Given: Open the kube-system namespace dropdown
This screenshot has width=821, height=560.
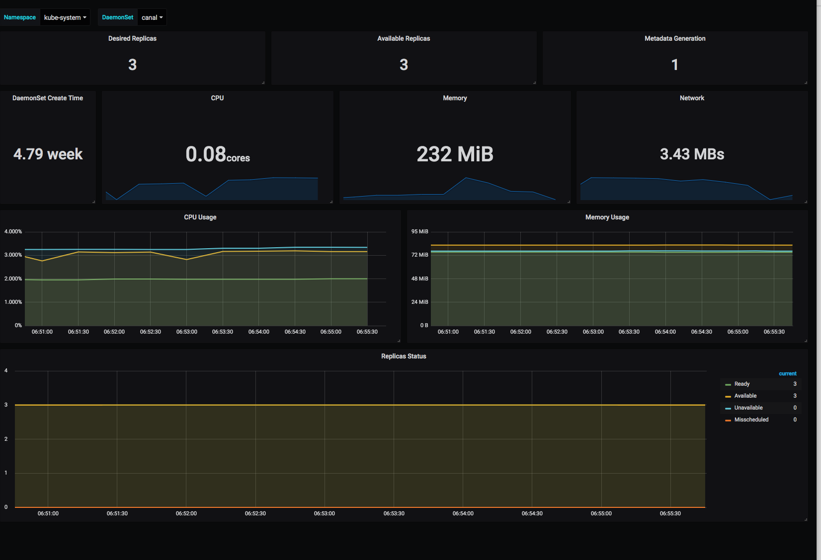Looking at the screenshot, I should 65,17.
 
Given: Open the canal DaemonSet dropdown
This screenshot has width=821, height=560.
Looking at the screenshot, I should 152,17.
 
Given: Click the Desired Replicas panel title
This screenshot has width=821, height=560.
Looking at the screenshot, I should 132,39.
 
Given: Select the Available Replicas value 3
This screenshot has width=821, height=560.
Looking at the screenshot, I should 404,65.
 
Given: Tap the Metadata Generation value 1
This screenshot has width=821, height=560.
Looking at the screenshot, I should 674,65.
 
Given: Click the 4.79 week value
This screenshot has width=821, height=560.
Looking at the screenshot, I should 48,154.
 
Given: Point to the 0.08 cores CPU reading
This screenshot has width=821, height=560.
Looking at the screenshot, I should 217,154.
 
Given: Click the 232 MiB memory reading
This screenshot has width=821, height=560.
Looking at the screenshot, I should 455,154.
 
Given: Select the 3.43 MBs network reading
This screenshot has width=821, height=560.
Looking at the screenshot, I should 692,154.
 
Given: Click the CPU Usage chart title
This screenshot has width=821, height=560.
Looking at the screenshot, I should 200,217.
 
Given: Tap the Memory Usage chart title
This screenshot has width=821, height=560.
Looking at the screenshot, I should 607,217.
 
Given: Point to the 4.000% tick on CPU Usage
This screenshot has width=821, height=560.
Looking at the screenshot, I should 13,232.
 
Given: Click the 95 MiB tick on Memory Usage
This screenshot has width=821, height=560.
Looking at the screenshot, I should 419,232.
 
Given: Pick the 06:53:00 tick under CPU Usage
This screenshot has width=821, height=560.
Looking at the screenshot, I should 187,332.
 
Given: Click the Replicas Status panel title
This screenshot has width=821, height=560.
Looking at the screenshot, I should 404,356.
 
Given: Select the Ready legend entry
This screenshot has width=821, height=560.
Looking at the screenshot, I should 741,384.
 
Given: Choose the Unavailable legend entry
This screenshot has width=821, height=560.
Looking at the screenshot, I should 748,408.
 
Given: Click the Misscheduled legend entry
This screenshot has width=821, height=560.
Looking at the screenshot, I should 751,420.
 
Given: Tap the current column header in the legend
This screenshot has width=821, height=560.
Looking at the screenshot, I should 787,374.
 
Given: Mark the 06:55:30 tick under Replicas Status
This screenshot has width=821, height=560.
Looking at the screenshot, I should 670,513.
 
